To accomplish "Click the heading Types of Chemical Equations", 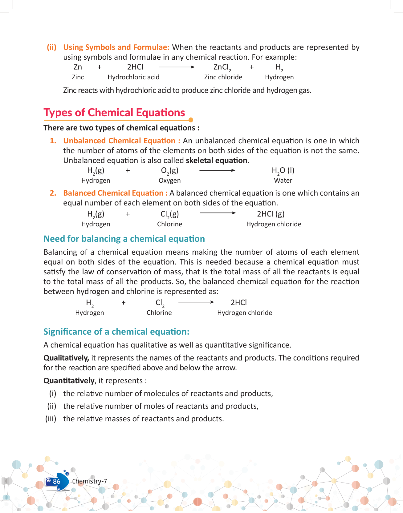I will coord(114,113).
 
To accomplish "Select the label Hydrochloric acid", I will coord(133,77).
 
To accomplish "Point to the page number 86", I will coord(56,481).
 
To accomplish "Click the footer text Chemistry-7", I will coord(89,481).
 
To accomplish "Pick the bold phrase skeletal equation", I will coord(218,161).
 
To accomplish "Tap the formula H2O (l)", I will coord(283,171).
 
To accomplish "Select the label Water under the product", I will coord(283,181).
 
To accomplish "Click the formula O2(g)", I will coord(169,171).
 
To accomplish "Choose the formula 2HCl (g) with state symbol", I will coord(271,214).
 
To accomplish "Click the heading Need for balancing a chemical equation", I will coord(124,239).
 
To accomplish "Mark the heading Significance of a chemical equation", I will coord(116,332).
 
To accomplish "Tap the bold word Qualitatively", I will coord(66,358).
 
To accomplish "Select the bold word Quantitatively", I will coord(69,381).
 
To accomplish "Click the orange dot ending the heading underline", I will coord(191,120).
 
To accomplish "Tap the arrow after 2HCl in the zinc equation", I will coord(177,67).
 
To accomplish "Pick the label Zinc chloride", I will coord(223,77).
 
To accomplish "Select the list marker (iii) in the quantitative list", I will coord(51,419).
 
